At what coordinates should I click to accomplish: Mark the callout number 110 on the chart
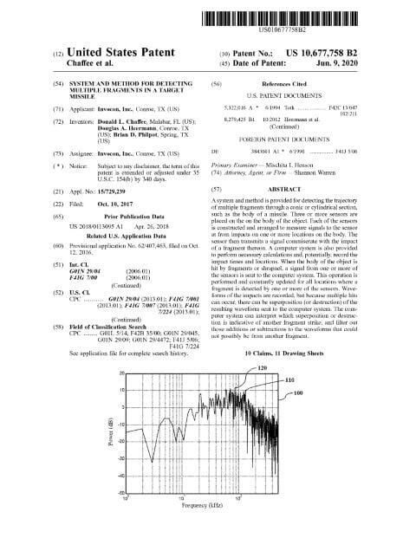click(290, 379)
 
